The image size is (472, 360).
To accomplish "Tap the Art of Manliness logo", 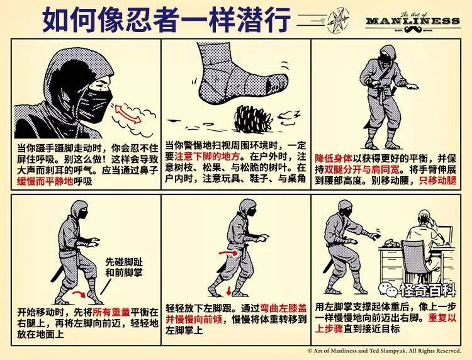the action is coord(413,21).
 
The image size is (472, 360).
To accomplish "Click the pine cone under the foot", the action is coord(253,119).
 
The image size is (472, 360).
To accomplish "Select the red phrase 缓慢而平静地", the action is coord(45,182).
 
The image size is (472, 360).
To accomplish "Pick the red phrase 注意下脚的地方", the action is coord(207,157).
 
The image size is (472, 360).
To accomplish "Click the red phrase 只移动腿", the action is coord(437,181).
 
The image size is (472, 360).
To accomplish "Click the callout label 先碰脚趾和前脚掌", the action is coord(124,267).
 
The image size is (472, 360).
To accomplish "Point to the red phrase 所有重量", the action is coord(111,312).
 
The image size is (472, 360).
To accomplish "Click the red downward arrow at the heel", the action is coord(229,291).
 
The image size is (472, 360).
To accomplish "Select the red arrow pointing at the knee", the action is coord(228,253).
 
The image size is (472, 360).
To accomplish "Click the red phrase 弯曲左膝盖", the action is coord(283,308).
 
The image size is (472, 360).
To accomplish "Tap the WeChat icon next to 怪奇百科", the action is coord(388,290).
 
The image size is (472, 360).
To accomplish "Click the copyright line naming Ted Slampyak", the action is coord(384,351).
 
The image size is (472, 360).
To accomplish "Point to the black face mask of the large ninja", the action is coord(96,104).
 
